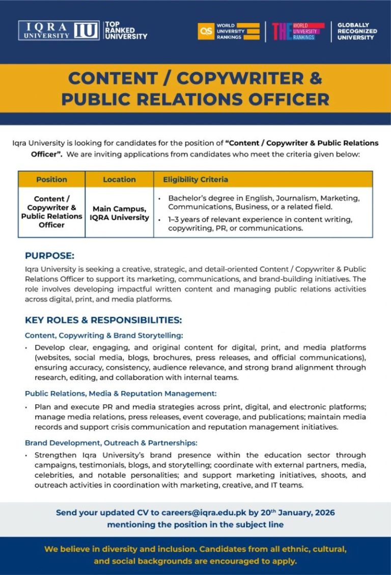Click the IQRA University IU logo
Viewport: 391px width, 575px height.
pyautogui.click(x=58, y=31)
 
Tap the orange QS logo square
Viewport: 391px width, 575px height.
pyautogui.click(x=206, y=31)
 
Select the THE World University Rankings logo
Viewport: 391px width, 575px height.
pyautogui.click(x=298, y=31)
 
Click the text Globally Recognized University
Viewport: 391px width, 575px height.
pyautogui.click(x=357, y=31)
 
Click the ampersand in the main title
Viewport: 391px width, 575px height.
pyautogui.click(x=316, y=78)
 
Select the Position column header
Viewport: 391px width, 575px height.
pyautogui.click(x=51, y=179)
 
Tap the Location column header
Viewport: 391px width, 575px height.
pyautogui.click(x=119, y=179)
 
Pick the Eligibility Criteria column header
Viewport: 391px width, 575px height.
pyautogui.click(x=195, y=179)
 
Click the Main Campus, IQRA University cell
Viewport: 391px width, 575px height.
pyautogui.click(x=119, y=213)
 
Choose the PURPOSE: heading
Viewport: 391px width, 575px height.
pyautogui.click(x=49, y=255)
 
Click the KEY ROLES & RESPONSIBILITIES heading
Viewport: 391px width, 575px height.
pyautogui.click(x=103, y=320)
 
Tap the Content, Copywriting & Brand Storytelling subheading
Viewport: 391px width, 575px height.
pyautogui.click(x=104, y=335)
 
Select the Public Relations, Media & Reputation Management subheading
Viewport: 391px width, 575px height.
pyautogui.click(x=121, y=393)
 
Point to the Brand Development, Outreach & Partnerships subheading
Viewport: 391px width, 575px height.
pyautogui.click(x=111, y=443)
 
